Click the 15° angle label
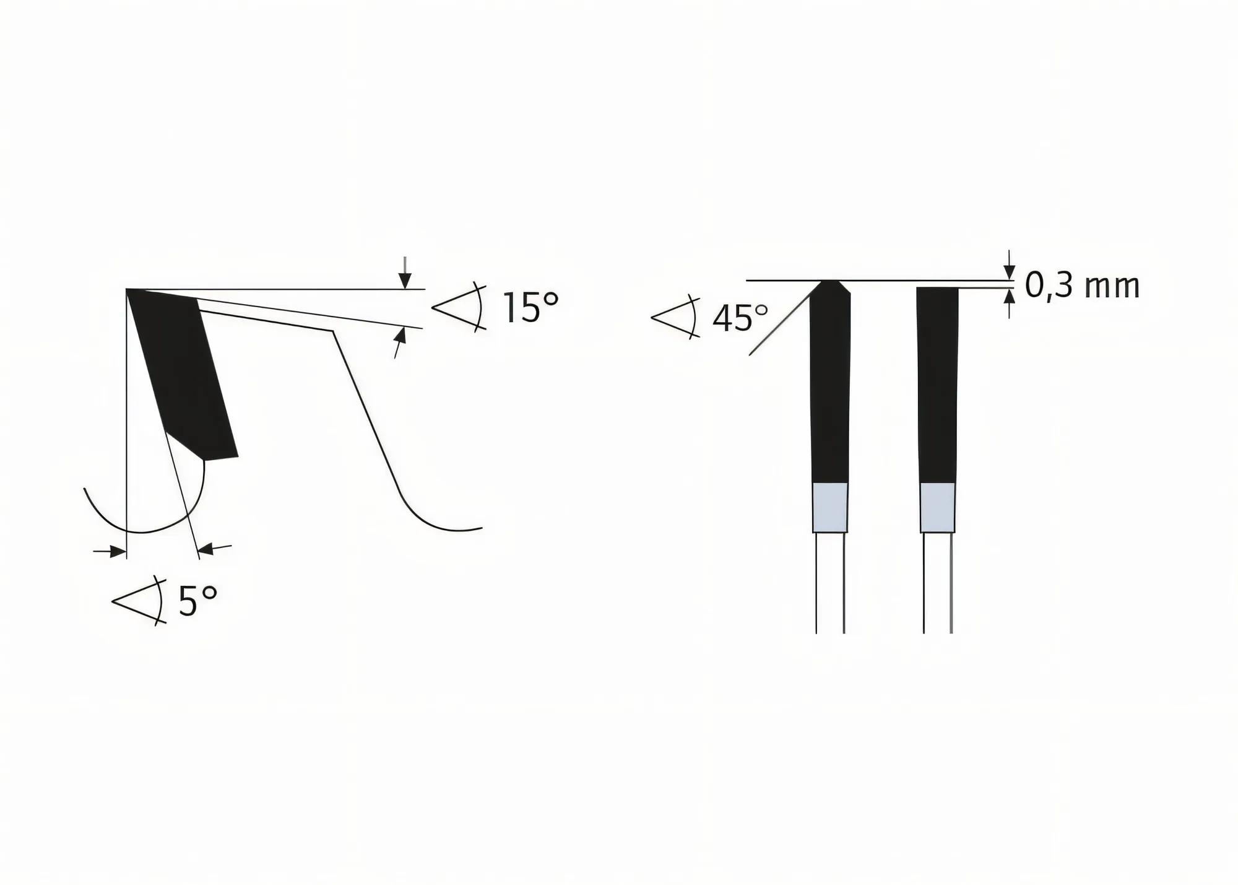click(530, 308)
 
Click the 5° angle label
click(198, 601)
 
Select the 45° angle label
click(740, 318)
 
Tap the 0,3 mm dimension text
click(1082, 286)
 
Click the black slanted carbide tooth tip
click(182, 372)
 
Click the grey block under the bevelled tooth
click(829, 507)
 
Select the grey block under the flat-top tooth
click(937, 507)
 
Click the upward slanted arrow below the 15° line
click(400, 341)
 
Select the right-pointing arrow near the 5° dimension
click(111, 551)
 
